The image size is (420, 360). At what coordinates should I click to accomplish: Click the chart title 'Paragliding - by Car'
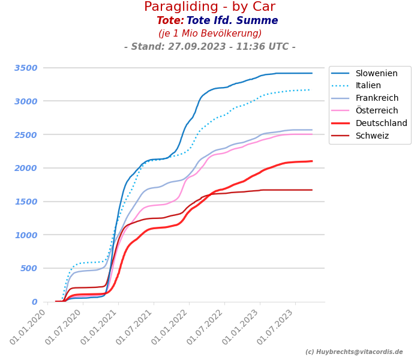[x=209, y=7]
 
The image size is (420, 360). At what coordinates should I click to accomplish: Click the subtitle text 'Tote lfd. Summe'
[x=232, y=21]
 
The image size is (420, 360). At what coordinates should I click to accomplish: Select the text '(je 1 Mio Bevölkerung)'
[x=210, y=34]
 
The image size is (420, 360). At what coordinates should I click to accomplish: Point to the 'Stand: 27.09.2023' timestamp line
[x=209, y=47]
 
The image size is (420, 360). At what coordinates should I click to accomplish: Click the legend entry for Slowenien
[x=376, y=74]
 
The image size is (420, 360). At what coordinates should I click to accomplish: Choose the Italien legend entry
[x=368, y=86]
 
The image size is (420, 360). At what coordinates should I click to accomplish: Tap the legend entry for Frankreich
[x=376, y=98]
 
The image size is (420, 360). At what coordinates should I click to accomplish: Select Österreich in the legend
[x=376, y=111]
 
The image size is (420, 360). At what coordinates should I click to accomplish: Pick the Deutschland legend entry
[x=381, y=124]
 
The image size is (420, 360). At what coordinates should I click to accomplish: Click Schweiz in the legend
[x=372, y=136]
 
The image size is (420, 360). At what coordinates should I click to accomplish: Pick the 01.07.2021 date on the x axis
[x=136, y=326]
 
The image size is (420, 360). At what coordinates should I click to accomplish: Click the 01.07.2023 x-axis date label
[x=278, y=326]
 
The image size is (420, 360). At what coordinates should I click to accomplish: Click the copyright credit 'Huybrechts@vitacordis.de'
[x=354, y=352]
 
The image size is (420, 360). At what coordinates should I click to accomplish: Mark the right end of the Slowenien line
[x=312, y=73]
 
